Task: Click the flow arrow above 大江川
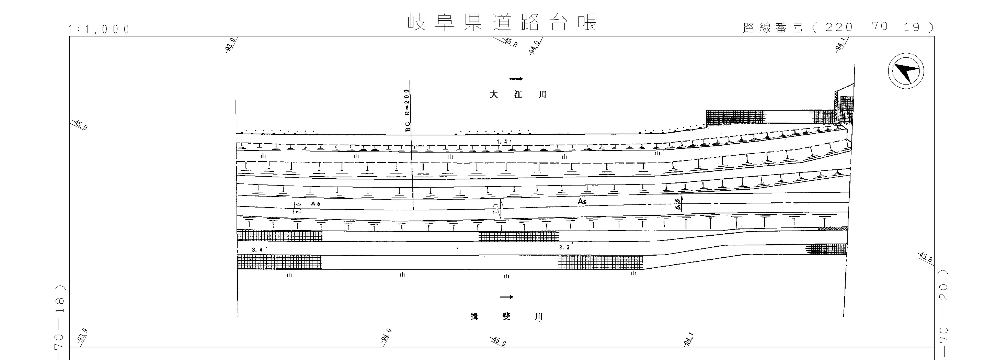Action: click(516, 79)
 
